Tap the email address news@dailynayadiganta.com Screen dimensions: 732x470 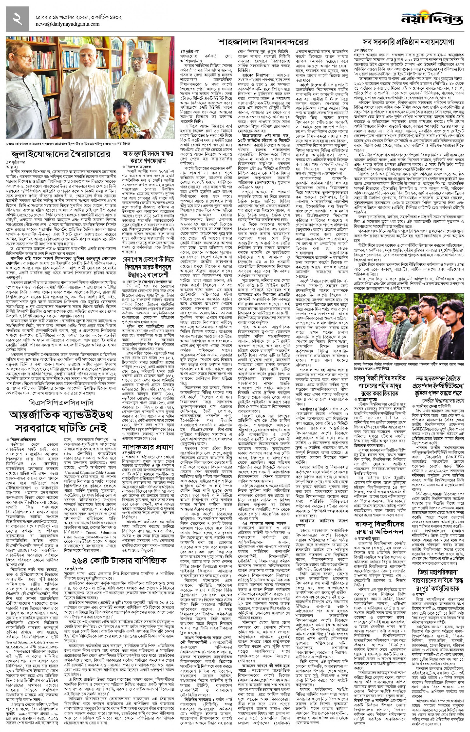68,24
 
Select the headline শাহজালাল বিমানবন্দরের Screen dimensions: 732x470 263,42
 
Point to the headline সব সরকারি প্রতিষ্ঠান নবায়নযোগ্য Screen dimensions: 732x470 409,42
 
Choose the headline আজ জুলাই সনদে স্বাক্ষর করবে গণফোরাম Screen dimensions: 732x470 148,157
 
